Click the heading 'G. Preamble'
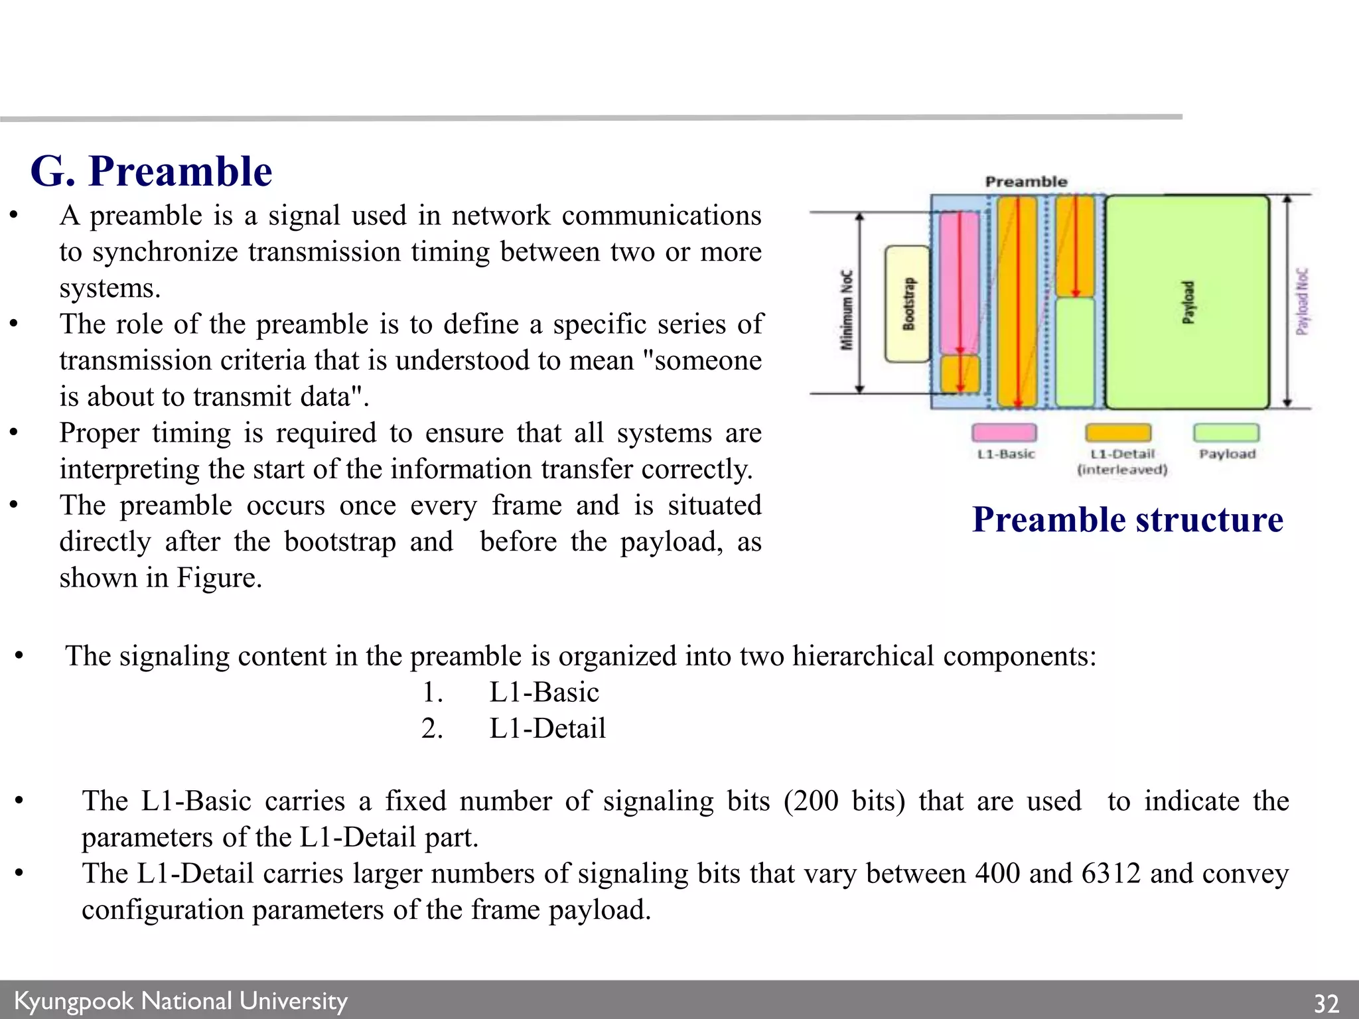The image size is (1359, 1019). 151,171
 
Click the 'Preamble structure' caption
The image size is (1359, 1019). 1127,519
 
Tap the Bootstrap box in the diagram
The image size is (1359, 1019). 908,304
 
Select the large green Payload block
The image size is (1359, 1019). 1187,302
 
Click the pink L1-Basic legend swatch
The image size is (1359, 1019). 1004,433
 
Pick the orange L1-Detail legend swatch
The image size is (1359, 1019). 1118,433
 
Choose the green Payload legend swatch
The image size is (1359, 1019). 1226,433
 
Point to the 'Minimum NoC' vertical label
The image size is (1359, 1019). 847,309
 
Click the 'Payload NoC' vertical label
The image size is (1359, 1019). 1303,302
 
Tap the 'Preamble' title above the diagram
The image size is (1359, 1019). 1026,182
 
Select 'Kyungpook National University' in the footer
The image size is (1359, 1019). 180,1000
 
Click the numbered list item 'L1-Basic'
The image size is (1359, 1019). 544,693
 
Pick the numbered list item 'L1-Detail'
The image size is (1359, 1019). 547,728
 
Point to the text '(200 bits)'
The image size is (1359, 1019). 844,801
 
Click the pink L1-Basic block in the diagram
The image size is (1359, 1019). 959,283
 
